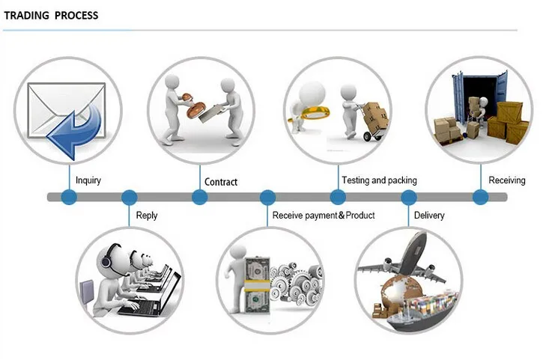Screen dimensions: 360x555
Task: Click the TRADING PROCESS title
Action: (51, 16)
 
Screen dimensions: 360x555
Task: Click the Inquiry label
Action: (88, 180)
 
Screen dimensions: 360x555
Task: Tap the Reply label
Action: (147, 216)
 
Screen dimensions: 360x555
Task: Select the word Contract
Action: (221, 182)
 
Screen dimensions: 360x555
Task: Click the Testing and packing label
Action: (379, 180)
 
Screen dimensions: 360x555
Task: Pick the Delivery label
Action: (429, 216)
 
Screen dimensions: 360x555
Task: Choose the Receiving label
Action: (507, 180)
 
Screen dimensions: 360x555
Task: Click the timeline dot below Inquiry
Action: (69, 198)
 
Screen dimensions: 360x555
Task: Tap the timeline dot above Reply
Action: (130, 198)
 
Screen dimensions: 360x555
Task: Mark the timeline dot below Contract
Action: (199, 198)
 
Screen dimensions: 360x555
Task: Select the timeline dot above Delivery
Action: (408, 198)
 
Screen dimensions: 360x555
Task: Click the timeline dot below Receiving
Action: (480, 198)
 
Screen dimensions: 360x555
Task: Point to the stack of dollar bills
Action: (257, 285)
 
